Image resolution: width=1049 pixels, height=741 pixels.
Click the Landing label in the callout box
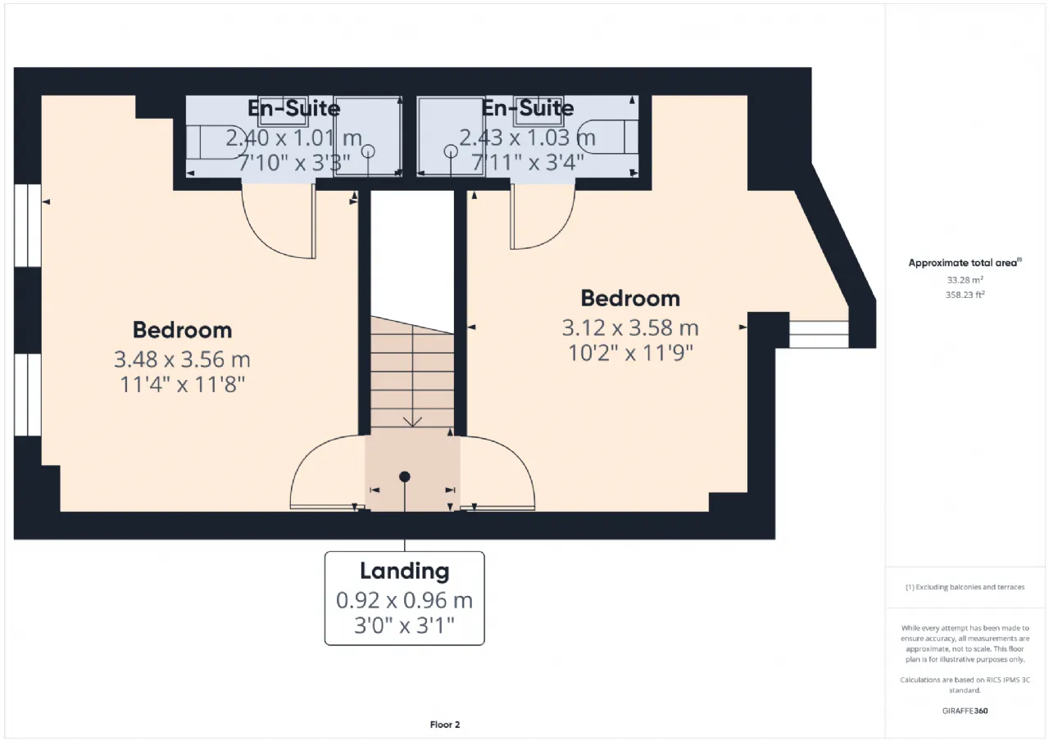[x=405, y=572]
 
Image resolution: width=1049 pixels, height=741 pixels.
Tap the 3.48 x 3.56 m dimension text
[x=182, y=359]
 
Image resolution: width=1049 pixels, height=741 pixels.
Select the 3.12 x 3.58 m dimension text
[x=630, y=328]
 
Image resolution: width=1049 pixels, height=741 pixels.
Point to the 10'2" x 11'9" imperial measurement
[x=630, y=353]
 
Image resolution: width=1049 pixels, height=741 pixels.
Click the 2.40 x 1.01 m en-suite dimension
[x=293, y=138]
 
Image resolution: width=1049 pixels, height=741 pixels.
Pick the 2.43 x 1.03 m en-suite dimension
[x=527, y=138]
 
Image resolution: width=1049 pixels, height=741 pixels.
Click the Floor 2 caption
[x=445, y=725]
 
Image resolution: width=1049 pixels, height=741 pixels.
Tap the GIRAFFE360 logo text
[x=965, y=711]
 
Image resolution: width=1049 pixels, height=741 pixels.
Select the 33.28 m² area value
[x=965, y=280]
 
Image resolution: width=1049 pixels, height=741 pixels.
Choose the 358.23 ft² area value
[x=965, y=295]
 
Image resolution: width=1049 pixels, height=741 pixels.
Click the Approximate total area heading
[x=965, y=263]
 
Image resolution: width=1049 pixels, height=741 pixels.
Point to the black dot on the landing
[x=405, y=477]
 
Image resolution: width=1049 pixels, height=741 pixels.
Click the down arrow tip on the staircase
[x=412, y=427]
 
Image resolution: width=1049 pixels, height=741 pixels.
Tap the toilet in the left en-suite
[x=216, y=142]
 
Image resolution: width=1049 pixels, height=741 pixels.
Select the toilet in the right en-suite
[x=607, y=137]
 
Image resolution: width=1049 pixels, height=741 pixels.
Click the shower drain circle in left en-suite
[x=368, y=151]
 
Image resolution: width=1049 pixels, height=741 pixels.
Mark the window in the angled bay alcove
[x=819, y=334]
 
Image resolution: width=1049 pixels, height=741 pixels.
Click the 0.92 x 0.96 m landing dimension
[x=405, y=601]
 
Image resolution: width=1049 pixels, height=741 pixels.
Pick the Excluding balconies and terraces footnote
[x=965, y=587]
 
